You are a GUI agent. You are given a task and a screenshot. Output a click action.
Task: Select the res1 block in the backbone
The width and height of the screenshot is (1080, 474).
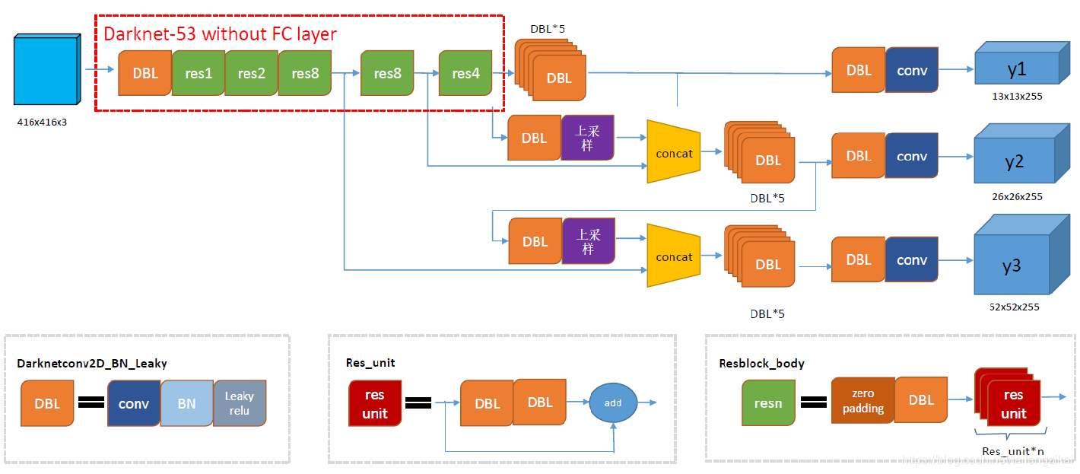click(x=199, y=73)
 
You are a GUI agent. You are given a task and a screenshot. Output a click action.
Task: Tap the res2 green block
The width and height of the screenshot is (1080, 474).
click(x=252, y=73)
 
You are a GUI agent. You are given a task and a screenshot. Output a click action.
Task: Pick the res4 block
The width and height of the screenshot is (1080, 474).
click(x=465, y=73)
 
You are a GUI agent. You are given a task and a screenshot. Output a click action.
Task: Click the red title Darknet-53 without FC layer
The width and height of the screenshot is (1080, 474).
click(x=220, y=33)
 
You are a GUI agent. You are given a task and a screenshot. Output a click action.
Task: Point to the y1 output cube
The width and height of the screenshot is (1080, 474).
click(x=1016, y=69)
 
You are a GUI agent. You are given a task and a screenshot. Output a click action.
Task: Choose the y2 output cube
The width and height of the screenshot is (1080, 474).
click(x=1014, y=161)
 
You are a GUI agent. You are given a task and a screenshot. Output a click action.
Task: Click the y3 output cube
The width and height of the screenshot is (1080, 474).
click(x=1011, y=266)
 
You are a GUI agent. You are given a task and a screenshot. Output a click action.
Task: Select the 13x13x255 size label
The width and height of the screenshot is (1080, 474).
click(x=1017, y=97)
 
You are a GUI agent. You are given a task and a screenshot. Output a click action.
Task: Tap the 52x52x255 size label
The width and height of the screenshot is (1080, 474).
click(x=1015, y=307)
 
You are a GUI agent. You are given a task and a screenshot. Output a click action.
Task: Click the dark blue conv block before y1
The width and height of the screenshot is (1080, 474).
click(x=912, y=70)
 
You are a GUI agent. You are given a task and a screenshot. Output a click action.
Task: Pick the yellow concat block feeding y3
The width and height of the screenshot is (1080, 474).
click(x=674, y=256)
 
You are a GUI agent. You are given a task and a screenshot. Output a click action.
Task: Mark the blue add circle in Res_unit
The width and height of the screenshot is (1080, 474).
click(x=613, y=403)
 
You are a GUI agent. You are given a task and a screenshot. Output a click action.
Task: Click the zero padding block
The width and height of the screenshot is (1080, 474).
click(x=862, y=401)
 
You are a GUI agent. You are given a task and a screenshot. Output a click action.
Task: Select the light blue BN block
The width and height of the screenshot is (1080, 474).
click(x=186, y=404)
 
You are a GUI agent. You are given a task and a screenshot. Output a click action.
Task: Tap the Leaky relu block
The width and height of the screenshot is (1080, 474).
click(x=240, y=403)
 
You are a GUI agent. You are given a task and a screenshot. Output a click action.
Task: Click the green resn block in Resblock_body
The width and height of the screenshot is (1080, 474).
click(x=768, y=403)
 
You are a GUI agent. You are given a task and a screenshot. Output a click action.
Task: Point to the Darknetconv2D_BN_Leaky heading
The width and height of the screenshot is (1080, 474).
click(x=91, y=364)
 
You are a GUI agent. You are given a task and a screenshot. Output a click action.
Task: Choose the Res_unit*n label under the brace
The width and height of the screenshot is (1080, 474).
click(x=1012, y=452)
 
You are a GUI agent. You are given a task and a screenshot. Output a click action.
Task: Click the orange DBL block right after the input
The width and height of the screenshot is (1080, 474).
click(x=145, y=73)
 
